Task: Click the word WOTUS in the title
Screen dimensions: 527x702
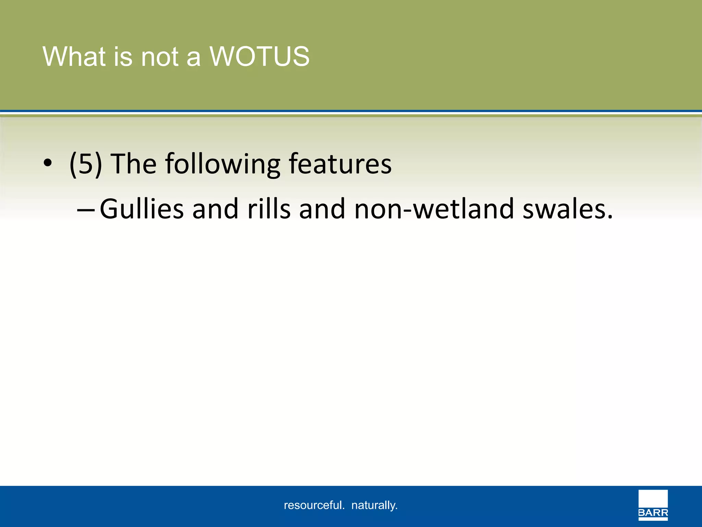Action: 259,57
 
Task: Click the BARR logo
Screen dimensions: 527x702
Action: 653,505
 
